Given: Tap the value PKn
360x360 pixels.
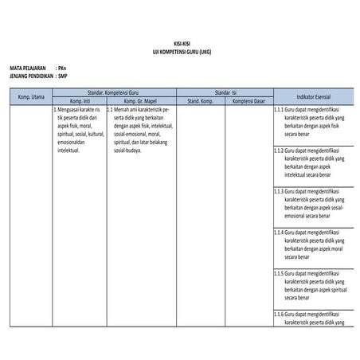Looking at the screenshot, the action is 63,68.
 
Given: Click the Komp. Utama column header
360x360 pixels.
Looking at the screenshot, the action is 31,97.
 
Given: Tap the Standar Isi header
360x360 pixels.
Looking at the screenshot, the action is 224,93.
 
